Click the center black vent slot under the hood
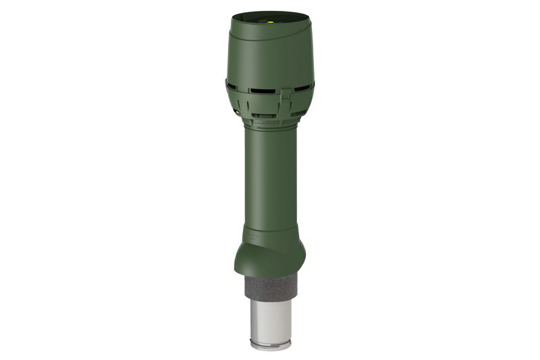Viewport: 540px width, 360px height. tap(269, 88)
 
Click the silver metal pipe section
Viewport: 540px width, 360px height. tap(269, 321)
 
